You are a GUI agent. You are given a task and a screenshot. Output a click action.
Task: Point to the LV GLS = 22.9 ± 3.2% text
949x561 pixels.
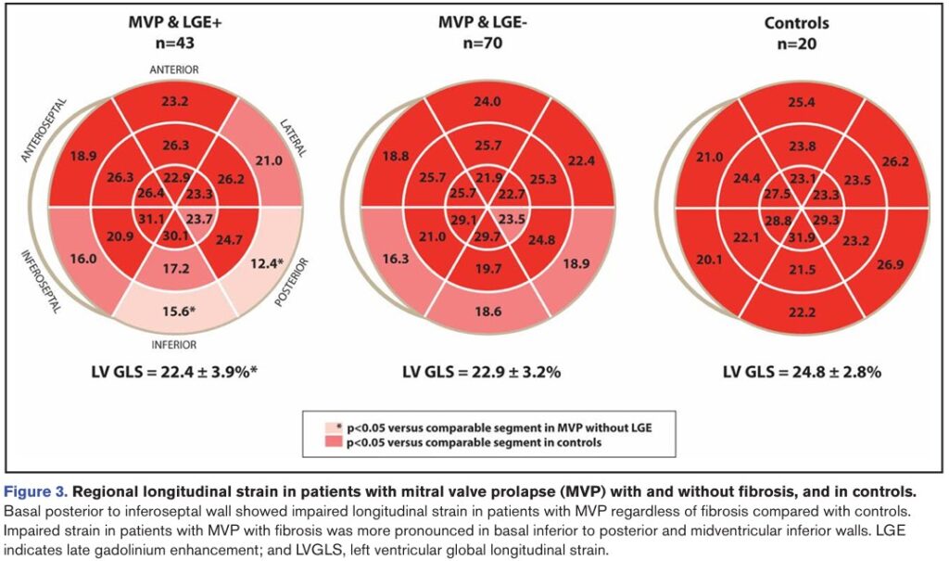(482, 372)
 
